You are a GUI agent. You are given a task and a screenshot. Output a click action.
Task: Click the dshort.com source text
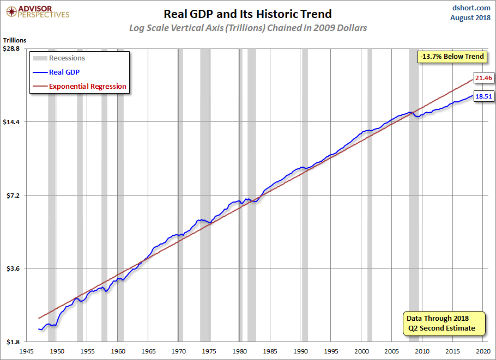472,8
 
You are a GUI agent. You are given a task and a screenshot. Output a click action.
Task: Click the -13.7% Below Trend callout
451,57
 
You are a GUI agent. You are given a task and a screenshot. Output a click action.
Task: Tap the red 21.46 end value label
483,78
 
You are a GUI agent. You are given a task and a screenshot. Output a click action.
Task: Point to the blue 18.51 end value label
483,96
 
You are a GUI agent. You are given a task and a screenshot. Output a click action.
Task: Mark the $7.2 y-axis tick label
13,196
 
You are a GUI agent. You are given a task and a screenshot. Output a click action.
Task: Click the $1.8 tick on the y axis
13,342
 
